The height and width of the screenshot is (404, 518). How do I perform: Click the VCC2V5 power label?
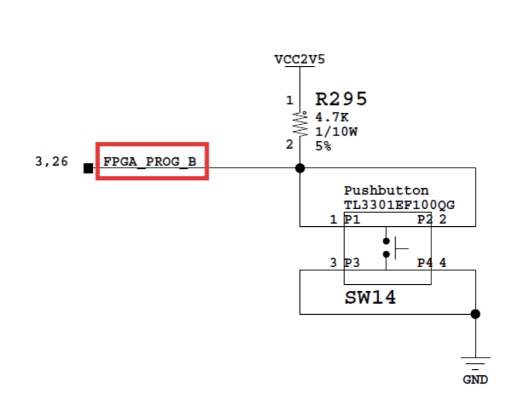tap(299, 59)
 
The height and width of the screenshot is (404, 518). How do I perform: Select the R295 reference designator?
tap(341, 99)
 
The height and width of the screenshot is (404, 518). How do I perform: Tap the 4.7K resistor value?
tap(331, 117)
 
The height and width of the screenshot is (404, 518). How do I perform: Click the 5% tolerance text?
tap(323, 146)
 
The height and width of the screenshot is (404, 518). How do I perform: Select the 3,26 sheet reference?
tap(51, 162)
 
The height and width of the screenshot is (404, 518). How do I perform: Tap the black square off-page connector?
tap(88, 168)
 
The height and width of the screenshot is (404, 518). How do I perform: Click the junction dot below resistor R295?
tap(299, 168)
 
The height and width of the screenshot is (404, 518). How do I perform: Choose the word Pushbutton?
tap(386, 191)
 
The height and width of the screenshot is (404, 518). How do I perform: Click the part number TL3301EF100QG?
tap(399, 205)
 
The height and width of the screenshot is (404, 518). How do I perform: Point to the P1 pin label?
tap(352, 219)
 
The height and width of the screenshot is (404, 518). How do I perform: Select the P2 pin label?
tap(425, 219)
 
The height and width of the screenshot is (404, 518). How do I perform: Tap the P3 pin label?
tap(352, 263)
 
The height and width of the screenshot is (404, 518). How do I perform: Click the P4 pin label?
tap(425, 263)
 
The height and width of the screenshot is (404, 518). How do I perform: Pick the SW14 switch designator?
tap(369, 298)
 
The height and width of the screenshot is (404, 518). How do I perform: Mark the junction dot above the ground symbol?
tap(475, 314)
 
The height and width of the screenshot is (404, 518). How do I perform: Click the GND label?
tap(475, 379)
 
